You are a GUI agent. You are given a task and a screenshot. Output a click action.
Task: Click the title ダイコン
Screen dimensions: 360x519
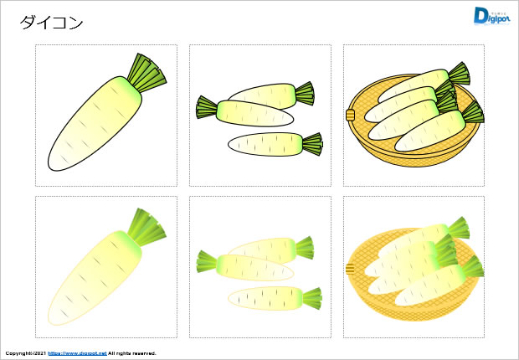pos(52,23)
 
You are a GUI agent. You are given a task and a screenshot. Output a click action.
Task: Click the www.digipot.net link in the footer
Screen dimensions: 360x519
pos(78,354)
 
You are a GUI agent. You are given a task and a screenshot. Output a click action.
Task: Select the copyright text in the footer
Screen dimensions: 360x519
pos(24,354)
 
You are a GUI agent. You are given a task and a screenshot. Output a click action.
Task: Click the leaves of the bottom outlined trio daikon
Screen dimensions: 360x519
pos(313,144)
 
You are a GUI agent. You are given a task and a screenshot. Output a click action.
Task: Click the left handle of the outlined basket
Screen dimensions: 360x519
pos(351,115)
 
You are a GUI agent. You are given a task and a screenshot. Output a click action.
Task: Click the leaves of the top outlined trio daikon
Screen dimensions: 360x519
pos(303,92)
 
